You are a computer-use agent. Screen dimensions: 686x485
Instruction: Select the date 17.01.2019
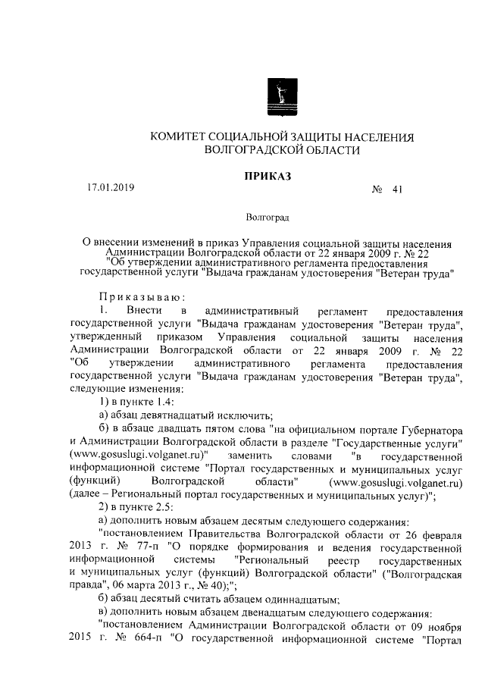pos(109,189)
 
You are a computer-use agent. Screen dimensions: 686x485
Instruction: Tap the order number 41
pos(396,190)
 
